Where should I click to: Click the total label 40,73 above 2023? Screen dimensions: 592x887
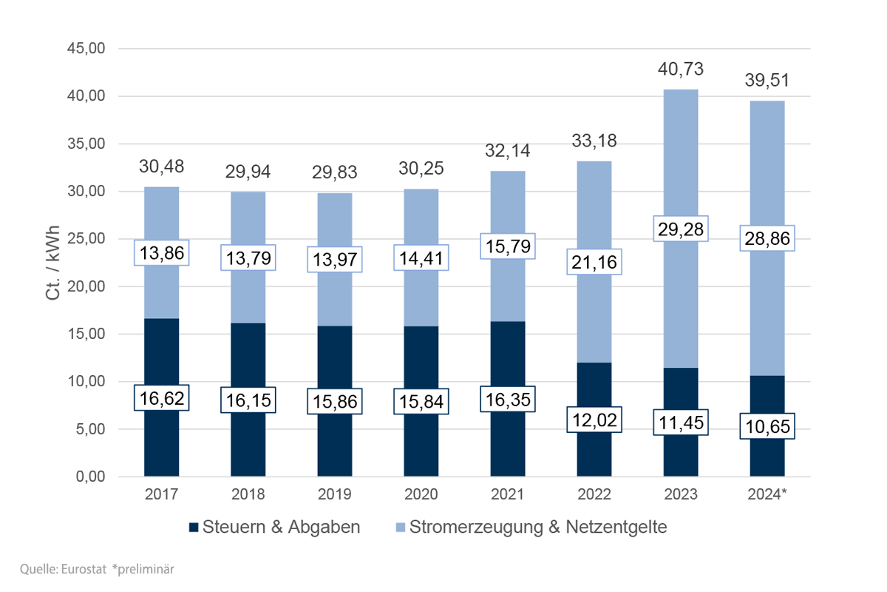pos(680,70)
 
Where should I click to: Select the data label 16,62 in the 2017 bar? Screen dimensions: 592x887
pos(161,397)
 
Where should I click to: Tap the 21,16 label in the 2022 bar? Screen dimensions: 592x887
pos(594,262)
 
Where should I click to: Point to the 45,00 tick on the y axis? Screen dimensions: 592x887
pos(87,49)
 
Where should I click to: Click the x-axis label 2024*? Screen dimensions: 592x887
pos(767,494)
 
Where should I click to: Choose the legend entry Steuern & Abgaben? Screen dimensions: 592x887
pos(275,528)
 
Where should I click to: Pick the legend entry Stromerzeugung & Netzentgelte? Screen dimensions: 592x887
pos(531,528)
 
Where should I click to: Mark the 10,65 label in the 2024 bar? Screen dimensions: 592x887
pos(767,426)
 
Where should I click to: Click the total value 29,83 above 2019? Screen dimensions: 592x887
pos(334,172)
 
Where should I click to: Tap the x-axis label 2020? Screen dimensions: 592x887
pos(421,494)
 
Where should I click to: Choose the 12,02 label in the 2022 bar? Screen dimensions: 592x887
pos(594,420)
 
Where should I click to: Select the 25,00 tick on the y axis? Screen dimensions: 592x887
pos(87,239)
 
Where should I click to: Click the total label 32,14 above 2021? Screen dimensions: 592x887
pos(507,151)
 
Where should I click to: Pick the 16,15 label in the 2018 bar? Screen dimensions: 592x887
pos(248,400)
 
